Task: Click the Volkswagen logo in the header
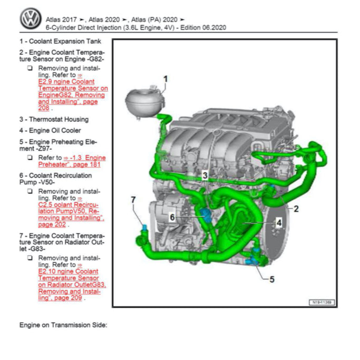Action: (31, 18)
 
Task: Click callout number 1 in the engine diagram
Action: (166, 80)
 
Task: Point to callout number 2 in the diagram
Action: (296, 209)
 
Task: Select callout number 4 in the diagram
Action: (279, 222)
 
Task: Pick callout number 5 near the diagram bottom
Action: (272, 279)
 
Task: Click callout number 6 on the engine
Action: (172, 217)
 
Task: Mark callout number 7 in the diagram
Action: (133, 200)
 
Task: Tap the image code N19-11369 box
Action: (322, 303)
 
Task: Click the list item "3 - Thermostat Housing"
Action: (54, 120)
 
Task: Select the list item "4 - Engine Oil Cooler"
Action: (50, 130)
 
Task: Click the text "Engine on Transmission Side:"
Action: (63, 325)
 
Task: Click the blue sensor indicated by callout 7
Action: (143, 227)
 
